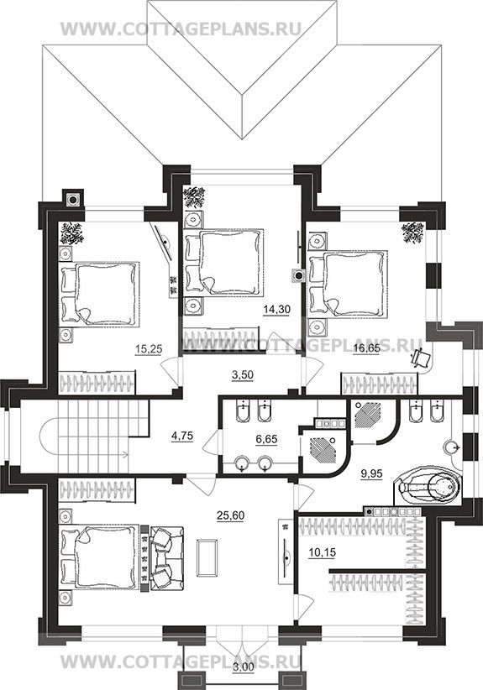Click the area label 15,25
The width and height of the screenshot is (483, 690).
(149, 349)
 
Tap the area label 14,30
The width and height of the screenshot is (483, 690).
(276, 310)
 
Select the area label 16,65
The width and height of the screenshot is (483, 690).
(367, 349)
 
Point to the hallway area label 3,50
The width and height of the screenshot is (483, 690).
(243, 375)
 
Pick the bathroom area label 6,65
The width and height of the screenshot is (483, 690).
(266, 439)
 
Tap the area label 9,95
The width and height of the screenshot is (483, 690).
(371, 473)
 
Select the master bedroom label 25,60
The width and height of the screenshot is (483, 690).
(230, 515)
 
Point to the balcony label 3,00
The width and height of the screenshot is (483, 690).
(243, 679)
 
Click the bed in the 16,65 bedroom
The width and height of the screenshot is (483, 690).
(349, 284)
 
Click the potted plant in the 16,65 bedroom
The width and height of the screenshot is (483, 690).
(412, 232)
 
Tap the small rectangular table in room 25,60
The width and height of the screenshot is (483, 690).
(207, 557)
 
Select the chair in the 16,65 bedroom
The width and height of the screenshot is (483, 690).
(422, 358)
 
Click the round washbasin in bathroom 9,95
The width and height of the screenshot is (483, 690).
(451, 447)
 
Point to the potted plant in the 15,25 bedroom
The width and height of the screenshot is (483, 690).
(72, 233)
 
